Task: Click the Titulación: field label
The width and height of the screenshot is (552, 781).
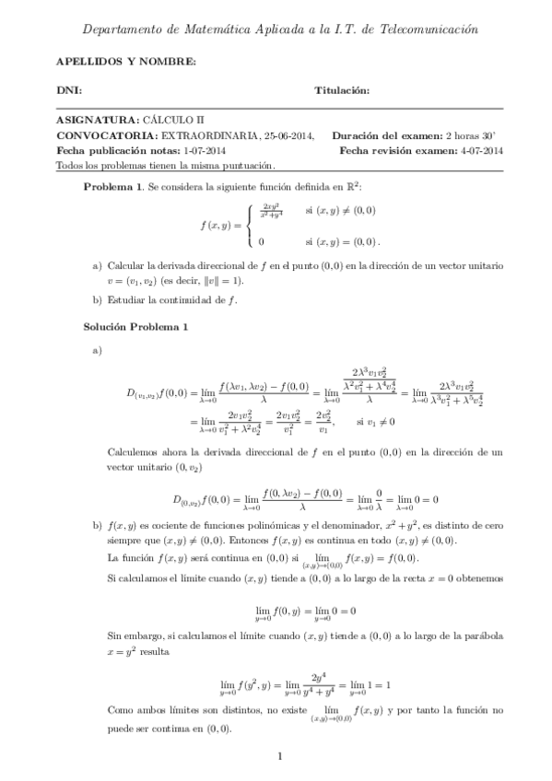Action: tap(342, 91)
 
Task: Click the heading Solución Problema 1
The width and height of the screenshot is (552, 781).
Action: tap(135, 326)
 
